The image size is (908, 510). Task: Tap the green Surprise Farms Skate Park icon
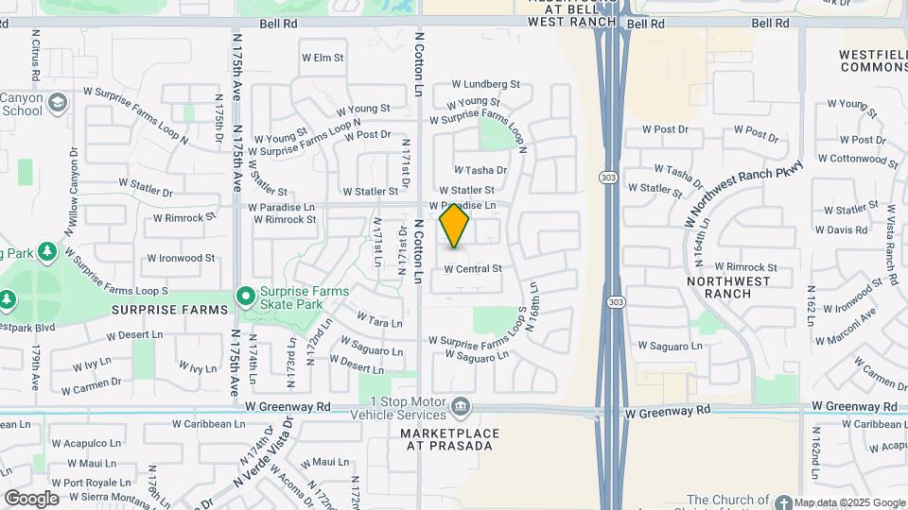[246, 297]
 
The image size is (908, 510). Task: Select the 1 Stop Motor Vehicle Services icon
[461, 407]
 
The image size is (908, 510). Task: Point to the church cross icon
[783, 500]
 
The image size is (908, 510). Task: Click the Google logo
[31, 498]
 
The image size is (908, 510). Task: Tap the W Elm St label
[322, 58]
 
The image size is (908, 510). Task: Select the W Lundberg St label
[484, 84]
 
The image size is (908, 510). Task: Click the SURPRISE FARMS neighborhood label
[171, 310]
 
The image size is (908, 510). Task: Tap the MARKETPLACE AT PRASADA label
[449, 440]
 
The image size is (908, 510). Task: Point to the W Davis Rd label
[841, 229]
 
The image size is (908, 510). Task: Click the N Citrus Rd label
[35, 53]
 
